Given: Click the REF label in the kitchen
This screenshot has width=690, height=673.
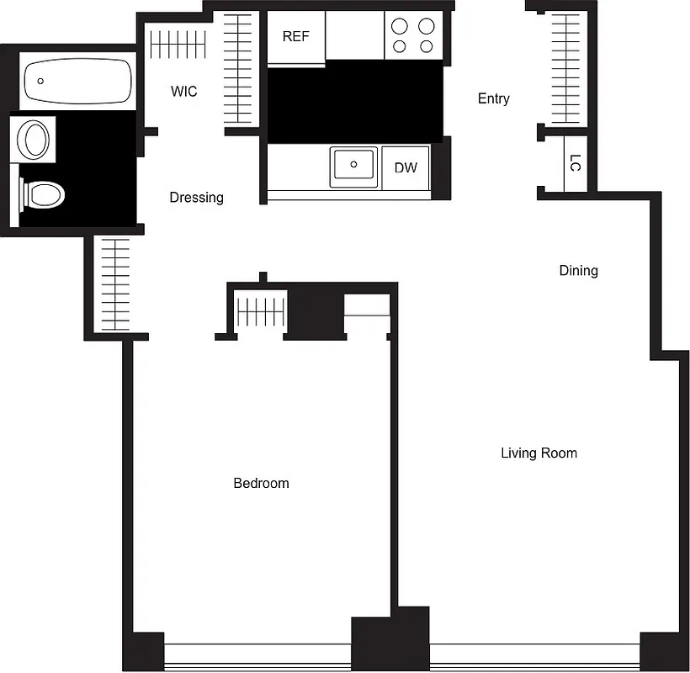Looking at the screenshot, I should (295, 37).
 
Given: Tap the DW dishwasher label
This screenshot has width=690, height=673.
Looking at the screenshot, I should (406, 167).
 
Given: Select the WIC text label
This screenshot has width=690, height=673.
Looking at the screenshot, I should (183, 91).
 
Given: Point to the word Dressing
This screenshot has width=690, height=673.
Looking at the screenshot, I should (197, 198).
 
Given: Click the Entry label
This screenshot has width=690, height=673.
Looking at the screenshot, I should (494, 98).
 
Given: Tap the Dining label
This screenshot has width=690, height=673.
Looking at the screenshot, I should (579, 270).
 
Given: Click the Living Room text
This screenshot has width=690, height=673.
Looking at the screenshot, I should (539, 453).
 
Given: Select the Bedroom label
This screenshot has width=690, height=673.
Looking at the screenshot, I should (261, 483).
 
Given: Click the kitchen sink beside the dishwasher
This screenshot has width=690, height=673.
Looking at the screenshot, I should (355, 166).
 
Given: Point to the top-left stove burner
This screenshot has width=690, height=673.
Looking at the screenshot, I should (400, 25).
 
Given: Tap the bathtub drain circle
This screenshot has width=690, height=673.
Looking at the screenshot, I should (40, 82).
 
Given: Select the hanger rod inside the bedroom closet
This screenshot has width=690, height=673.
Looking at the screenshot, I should (261, 312).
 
